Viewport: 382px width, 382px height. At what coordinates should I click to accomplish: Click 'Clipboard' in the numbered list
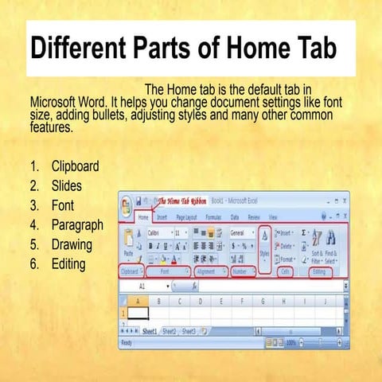(75, 167)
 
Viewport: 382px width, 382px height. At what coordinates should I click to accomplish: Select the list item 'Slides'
(67, 186)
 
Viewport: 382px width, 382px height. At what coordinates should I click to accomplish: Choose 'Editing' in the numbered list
(70, 263)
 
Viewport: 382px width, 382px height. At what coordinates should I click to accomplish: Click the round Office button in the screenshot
(127, 205)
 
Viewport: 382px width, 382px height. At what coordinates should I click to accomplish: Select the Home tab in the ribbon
(143, 216)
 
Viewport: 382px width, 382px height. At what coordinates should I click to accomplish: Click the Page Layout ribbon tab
(186, 216)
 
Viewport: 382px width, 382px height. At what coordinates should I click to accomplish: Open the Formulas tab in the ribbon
(213, 216)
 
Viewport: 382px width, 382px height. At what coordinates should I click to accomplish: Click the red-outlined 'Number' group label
(240, 271)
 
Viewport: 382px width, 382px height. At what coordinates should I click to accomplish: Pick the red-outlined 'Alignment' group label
(206, 271)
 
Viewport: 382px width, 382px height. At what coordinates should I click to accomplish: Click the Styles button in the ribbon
(264, 248)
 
